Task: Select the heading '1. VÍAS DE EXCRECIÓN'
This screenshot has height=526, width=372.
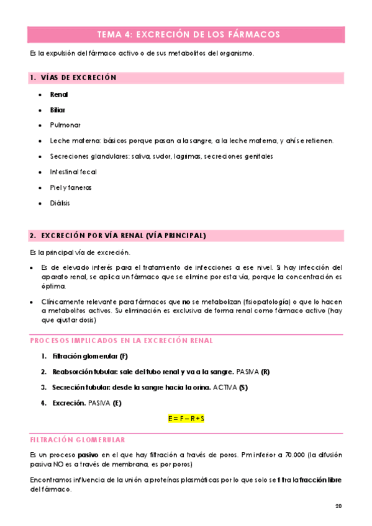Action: click(73, 78)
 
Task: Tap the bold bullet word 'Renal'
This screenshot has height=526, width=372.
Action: click(59, 95)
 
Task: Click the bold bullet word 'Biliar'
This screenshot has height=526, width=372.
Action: click(58, 110)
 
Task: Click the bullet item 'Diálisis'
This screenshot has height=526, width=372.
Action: click(60, 203)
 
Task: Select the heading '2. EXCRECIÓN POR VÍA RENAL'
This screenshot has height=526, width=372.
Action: click(118, 236)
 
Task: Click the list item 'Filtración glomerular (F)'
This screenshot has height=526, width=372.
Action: click(91, 356)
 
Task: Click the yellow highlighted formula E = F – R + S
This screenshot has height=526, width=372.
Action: click(186, 419)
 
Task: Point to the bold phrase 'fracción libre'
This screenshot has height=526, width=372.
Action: click(320, 480)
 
